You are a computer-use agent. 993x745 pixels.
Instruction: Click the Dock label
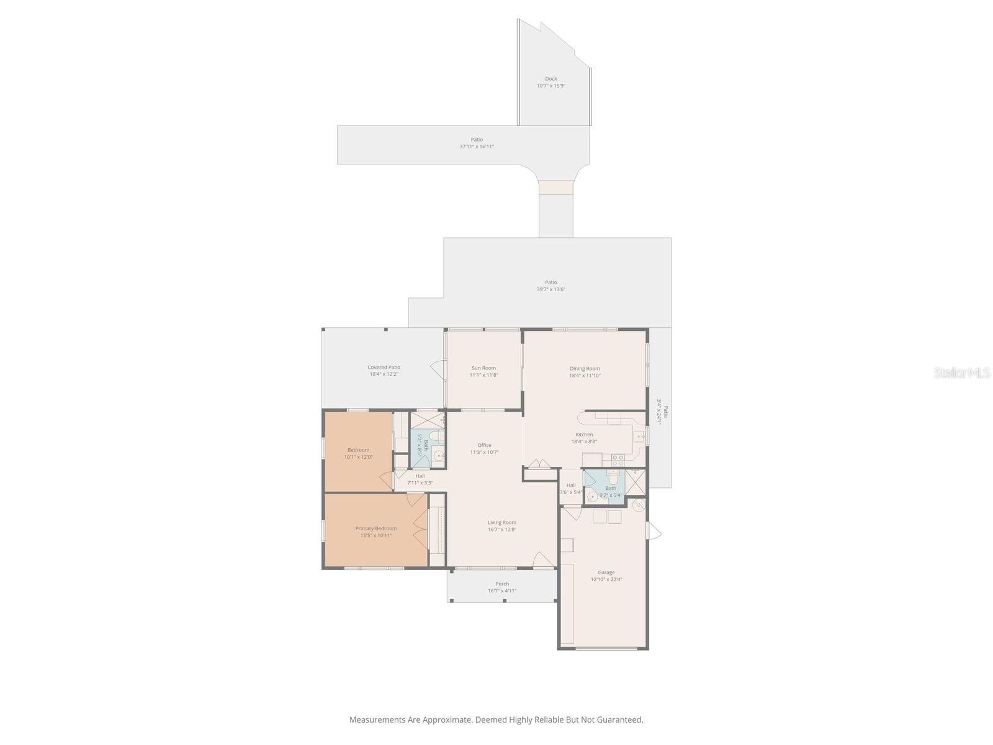(550, 79)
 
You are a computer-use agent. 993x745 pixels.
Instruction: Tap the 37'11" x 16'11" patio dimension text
(477, 147)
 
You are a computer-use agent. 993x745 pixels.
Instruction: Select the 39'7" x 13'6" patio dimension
(550, 289)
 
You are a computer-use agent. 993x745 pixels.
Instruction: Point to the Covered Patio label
(384, 368)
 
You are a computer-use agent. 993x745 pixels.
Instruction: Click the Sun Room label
(483, 368)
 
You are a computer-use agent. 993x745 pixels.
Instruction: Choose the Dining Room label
(585, 368)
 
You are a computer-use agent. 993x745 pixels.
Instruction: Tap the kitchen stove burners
(618, 460)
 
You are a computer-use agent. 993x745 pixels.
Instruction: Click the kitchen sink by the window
(639, 436)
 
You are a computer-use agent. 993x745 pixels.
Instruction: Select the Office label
(484, 445)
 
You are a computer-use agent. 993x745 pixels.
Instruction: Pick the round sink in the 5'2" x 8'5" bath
(439, 456)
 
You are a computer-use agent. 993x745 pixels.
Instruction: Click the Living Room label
(501, 523)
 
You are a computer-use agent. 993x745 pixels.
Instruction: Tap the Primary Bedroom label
(375, 528)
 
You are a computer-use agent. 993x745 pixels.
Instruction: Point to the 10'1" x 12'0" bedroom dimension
(358, 458)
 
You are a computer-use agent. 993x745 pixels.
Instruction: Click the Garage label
(606, 572)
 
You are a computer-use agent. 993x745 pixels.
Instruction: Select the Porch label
(502, 584)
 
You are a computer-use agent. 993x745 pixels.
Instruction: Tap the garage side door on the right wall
(654, 531)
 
